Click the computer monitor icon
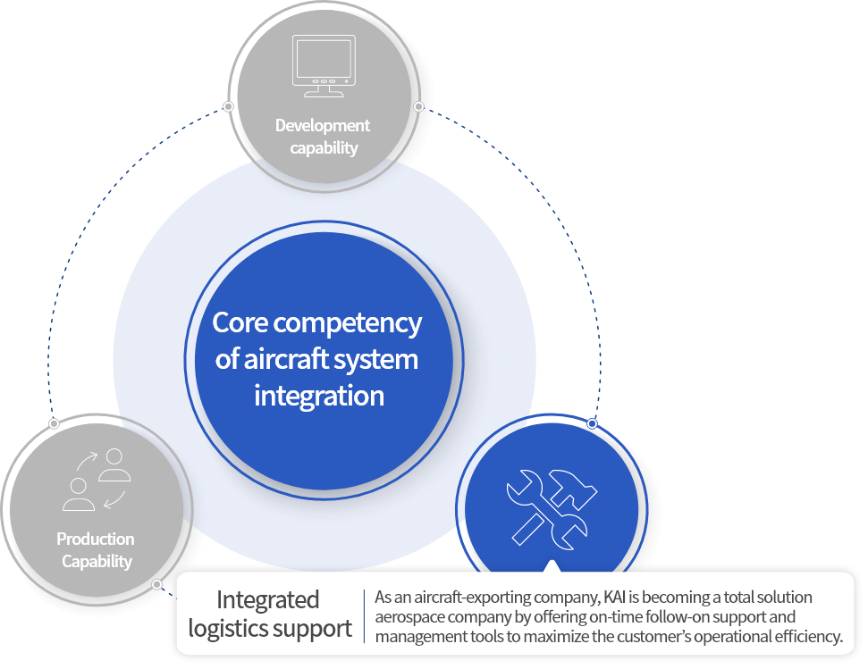point(323,65)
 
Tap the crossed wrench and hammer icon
point(552,508)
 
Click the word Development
point(322,126)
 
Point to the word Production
point(96,539)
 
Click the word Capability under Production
point(96,562)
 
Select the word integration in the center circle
point(318,395)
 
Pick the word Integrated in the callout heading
point(267,599)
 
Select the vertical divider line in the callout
point(365,615)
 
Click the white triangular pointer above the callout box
point(552,565)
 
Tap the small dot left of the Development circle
point(229,106)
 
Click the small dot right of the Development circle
point(418,106)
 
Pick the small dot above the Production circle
point(54,422)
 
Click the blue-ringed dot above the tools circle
point(592,422)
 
